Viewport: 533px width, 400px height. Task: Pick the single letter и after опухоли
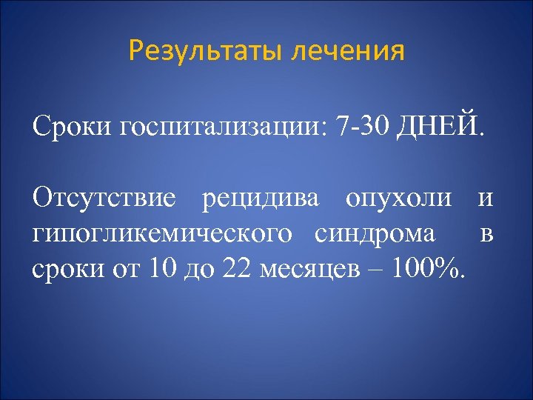click(486, 198)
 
